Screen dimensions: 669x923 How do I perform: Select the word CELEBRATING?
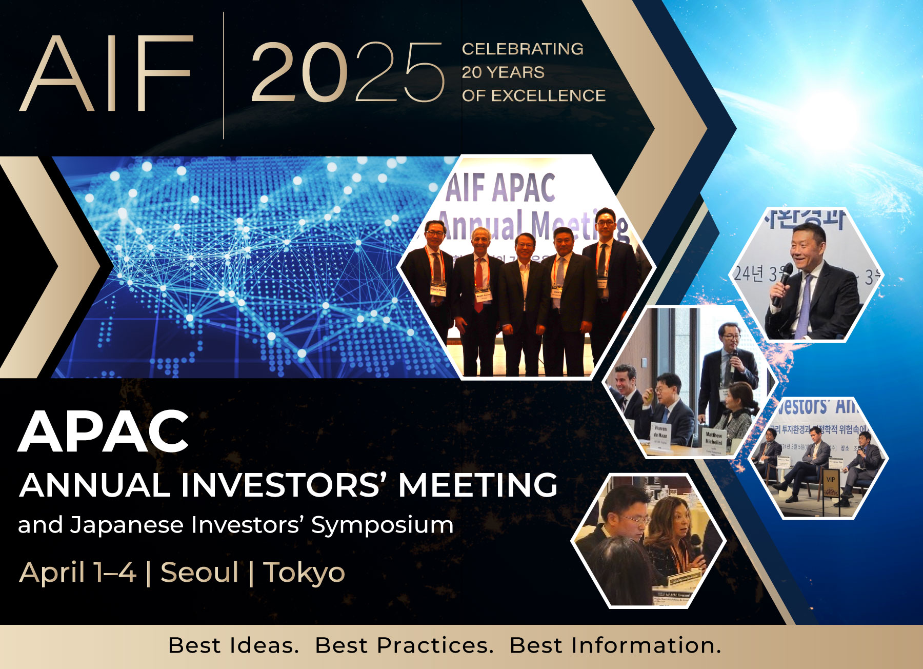522,49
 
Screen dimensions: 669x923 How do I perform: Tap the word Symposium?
382,525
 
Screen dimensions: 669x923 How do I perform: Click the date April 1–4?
78,572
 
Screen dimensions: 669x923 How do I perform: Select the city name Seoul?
199,572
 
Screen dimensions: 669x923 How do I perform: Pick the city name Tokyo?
304,573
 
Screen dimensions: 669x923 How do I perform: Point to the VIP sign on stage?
830,480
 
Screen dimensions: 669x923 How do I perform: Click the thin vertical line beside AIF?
224,75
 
